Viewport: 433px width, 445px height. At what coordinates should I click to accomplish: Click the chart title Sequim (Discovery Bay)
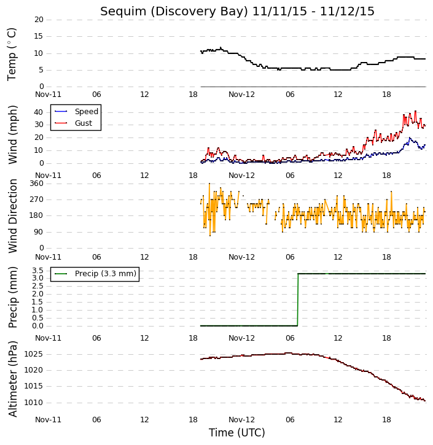(x=174, y=12)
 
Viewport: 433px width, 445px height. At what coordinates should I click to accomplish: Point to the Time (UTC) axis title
(x=237, y=433)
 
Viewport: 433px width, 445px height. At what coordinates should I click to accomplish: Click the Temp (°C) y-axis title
(x=12, y=54)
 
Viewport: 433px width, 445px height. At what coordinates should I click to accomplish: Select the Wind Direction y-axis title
(x=12, y=216)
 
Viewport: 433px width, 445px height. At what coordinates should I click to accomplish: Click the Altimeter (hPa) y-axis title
(x=12, y=379)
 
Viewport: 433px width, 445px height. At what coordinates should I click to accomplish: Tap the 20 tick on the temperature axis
(x=39, y=20)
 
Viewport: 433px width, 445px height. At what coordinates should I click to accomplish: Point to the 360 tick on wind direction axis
(x=37, y=184)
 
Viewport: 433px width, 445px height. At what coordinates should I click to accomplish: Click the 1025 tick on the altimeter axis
(x=34, y=354)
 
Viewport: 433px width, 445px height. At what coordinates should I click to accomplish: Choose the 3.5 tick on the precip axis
(x=37, y=270)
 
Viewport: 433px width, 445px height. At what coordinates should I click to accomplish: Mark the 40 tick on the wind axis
(x=39, y=112)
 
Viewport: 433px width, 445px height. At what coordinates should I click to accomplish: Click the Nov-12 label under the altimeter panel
(x=241, y=419)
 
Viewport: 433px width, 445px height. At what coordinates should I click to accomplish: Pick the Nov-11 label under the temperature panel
(x=49, y=95)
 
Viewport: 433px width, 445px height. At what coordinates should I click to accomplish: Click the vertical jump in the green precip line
(x=297, y=300)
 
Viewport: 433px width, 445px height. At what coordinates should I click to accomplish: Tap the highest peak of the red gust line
(x=415, y=111)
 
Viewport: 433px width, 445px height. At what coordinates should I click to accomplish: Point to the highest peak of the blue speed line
(x=410, y=137)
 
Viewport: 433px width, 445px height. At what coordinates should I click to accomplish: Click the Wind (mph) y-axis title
(x=12, y=135)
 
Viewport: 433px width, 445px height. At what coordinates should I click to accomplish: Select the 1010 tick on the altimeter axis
(x=34, y=403)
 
